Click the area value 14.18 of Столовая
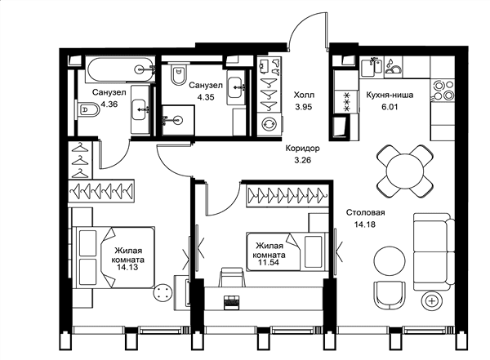tap(364, 224)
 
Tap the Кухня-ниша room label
tap(390, 95)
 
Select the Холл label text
tap(304, 95)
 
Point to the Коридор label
tap(302, 148)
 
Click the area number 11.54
tap(269, 262)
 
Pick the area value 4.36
tap(109, 104)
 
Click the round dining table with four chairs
tap(405, 171)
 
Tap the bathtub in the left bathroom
tap(120, 69)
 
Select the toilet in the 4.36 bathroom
tap(87, 109)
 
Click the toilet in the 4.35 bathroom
tap(178, 73)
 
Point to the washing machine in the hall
tap(269, 123)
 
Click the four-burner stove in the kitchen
tap(442, 89)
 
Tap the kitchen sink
tap(372, 67)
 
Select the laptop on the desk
tap(232, 302)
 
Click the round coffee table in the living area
tap(390, 261)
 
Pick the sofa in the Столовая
tap(434, 251)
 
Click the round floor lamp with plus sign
tap(432, 301)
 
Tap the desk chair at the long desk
tap(232, 277)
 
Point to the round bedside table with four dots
tap(163, 293)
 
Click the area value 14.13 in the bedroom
tap(127, 268)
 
